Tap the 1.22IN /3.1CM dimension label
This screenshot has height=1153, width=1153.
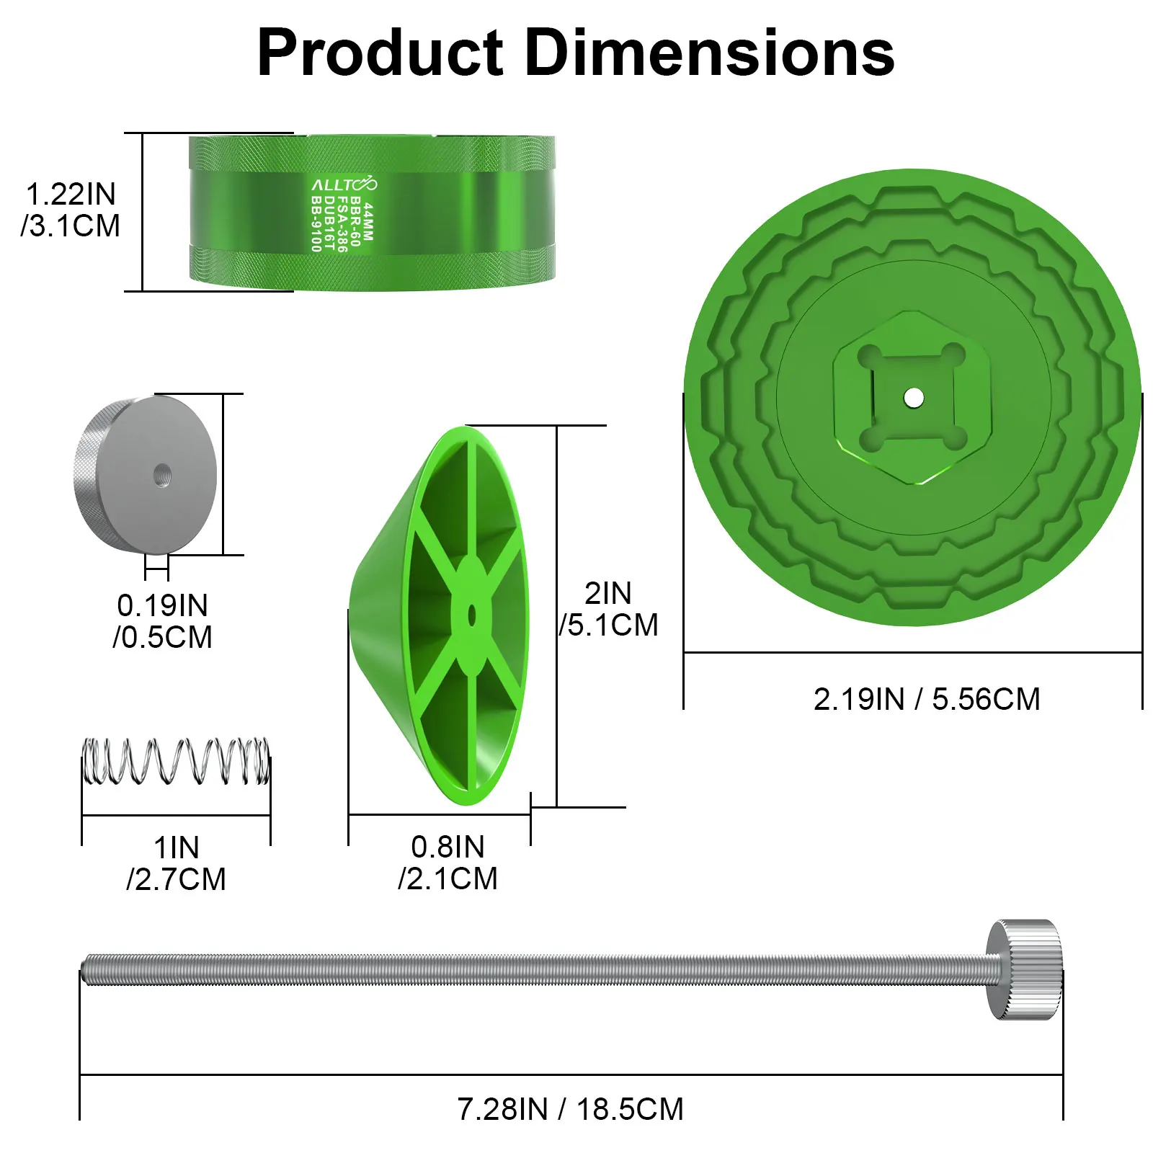click(71, 210)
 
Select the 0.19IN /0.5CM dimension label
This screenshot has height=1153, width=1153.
click(163, 621)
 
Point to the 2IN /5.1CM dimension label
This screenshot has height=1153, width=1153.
click(609, 609)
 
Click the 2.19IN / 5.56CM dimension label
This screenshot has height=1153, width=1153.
click(927, 699)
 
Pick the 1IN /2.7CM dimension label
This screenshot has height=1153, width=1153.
click(176, 863)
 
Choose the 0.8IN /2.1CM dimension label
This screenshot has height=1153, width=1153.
click(448, 863)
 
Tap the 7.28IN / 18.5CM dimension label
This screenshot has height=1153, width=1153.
click(570, 1109)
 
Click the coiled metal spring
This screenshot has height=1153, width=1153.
click(176, 761)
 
